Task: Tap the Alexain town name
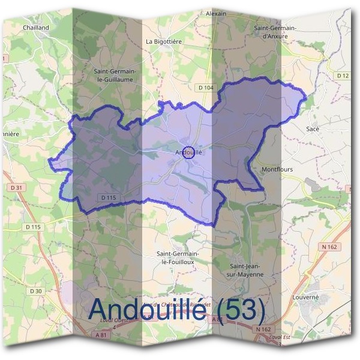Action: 216,13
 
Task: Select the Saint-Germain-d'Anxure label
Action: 277,32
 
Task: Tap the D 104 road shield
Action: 206,88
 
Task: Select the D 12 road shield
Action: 343,76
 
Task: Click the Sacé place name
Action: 313,129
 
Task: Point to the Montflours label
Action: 277,170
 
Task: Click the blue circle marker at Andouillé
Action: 188,152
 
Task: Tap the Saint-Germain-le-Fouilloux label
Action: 177,257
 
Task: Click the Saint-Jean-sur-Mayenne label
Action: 247,270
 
